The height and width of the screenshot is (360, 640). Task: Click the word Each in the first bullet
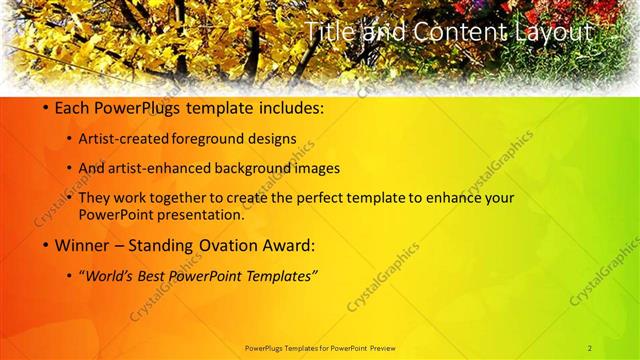72,107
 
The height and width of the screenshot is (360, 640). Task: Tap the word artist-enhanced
171,168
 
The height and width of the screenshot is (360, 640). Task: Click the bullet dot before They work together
68,199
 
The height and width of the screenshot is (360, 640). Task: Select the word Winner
82,245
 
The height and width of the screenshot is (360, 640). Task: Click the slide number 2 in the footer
590,347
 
